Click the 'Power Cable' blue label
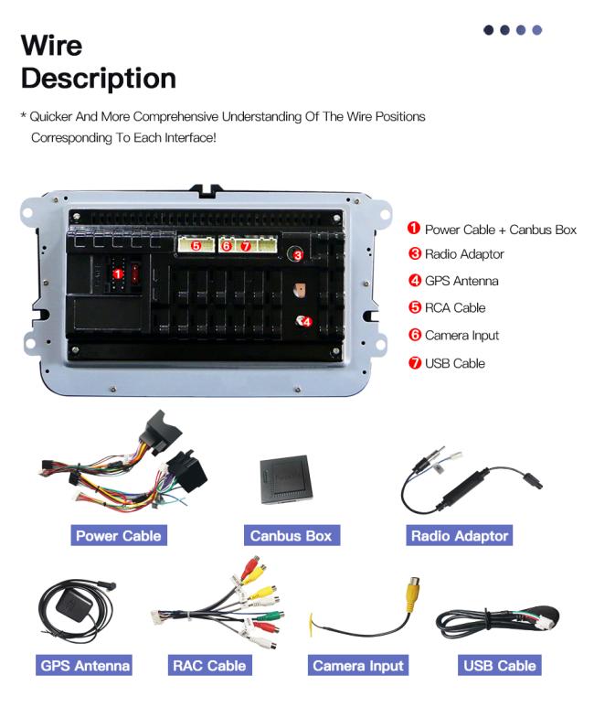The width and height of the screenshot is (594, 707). (x=118, y=535)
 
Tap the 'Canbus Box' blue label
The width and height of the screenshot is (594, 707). (x=290, y=535)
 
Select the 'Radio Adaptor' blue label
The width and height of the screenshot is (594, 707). (x=459, y=535)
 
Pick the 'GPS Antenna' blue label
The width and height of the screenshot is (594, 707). (x=85, y=665)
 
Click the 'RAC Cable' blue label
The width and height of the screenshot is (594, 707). (x=209, y=665)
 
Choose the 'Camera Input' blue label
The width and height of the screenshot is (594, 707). (x=358, y=665)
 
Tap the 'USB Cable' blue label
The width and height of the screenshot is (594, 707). (x=499, y=665)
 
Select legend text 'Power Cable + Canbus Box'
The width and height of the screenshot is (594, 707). (x=500, y=230)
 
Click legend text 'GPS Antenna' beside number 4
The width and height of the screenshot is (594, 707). (x=461, y=281)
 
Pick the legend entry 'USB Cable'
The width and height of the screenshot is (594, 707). (x=454, y=363)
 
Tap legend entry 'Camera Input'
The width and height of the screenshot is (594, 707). (x=461, y=336)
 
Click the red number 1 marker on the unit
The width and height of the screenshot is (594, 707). (x=118, y=273)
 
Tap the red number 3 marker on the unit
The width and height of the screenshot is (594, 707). (x=297, y=256)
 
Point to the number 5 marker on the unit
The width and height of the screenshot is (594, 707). (x=196, y=245)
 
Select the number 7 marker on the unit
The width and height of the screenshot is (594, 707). (x=245, y=246)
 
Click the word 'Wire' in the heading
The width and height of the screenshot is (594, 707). (x=51, y=45)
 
